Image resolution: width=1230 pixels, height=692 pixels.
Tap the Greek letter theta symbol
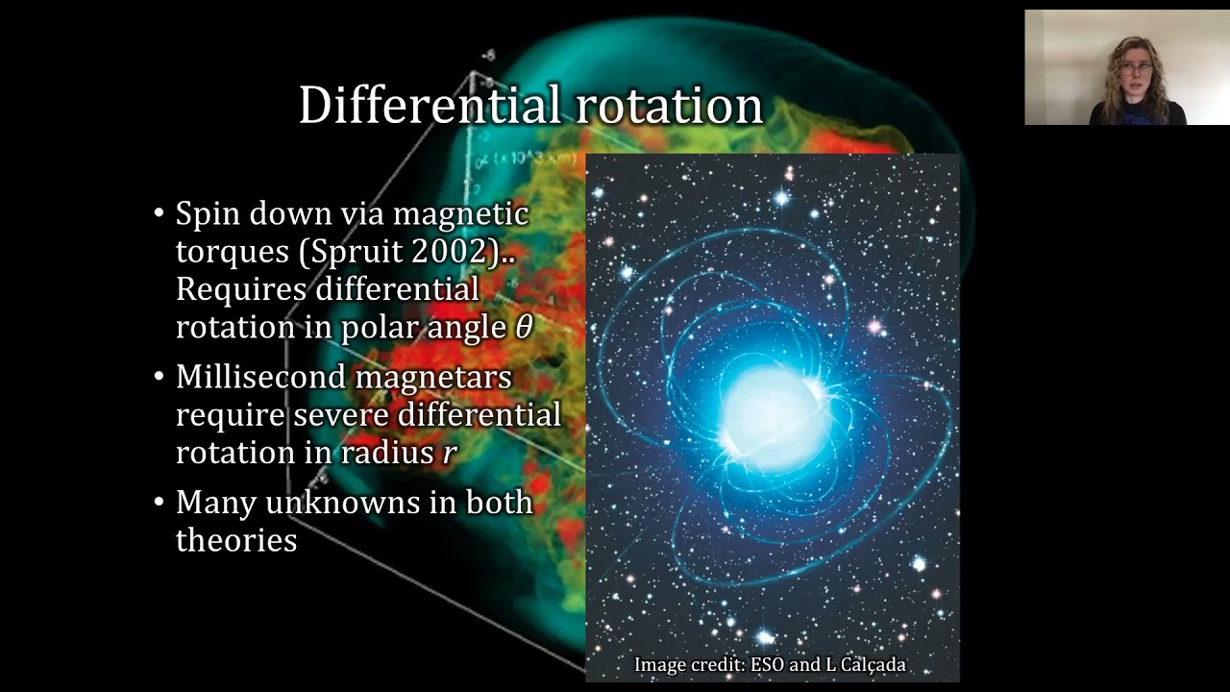[x=524, y=328]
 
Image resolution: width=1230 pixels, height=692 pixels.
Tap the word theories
[x=236, y=540]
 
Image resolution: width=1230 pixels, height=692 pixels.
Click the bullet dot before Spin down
[x=160, y=213]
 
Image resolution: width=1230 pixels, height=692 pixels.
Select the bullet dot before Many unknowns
[x=160, y=502]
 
